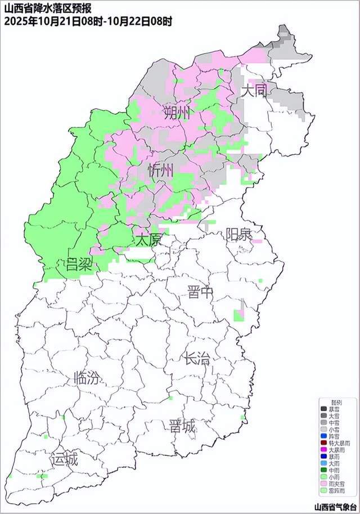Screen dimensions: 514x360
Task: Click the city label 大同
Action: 253,91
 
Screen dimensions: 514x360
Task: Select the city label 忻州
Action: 161,170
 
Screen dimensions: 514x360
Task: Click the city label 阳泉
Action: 238,234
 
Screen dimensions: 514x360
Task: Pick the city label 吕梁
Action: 79,263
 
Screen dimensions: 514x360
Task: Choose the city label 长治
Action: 196,359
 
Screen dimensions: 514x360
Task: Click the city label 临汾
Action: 87,378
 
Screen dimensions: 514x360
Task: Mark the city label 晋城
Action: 182,427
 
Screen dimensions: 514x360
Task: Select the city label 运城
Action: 64,460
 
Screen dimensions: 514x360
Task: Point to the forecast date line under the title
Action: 88,21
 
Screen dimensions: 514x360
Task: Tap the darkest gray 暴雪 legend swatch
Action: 323,409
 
